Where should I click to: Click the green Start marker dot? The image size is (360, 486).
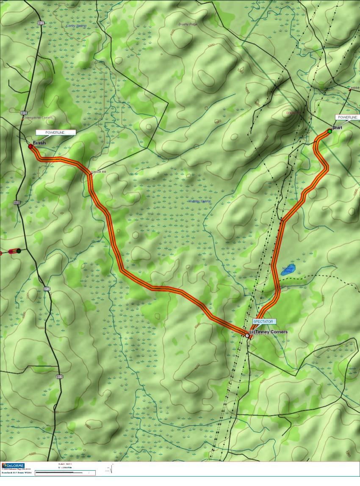tap(330, 131)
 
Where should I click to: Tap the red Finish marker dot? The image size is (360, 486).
tap(30, 146)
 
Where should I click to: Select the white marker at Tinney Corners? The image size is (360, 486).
tap(247, 335)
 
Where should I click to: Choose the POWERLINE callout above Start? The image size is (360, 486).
tap(346, 117)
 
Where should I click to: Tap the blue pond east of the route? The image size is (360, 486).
tap(288, 271)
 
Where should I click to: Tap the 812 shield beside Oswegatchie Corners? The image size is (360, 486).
tap(24, 113)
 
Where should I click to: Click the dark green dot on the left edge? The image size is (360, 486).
tap(19, 251)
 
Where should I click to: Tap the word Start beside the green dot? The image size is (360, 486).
tap(337, 127)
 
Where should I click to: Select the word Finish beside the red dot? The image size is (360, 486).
tap(39, 143)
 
